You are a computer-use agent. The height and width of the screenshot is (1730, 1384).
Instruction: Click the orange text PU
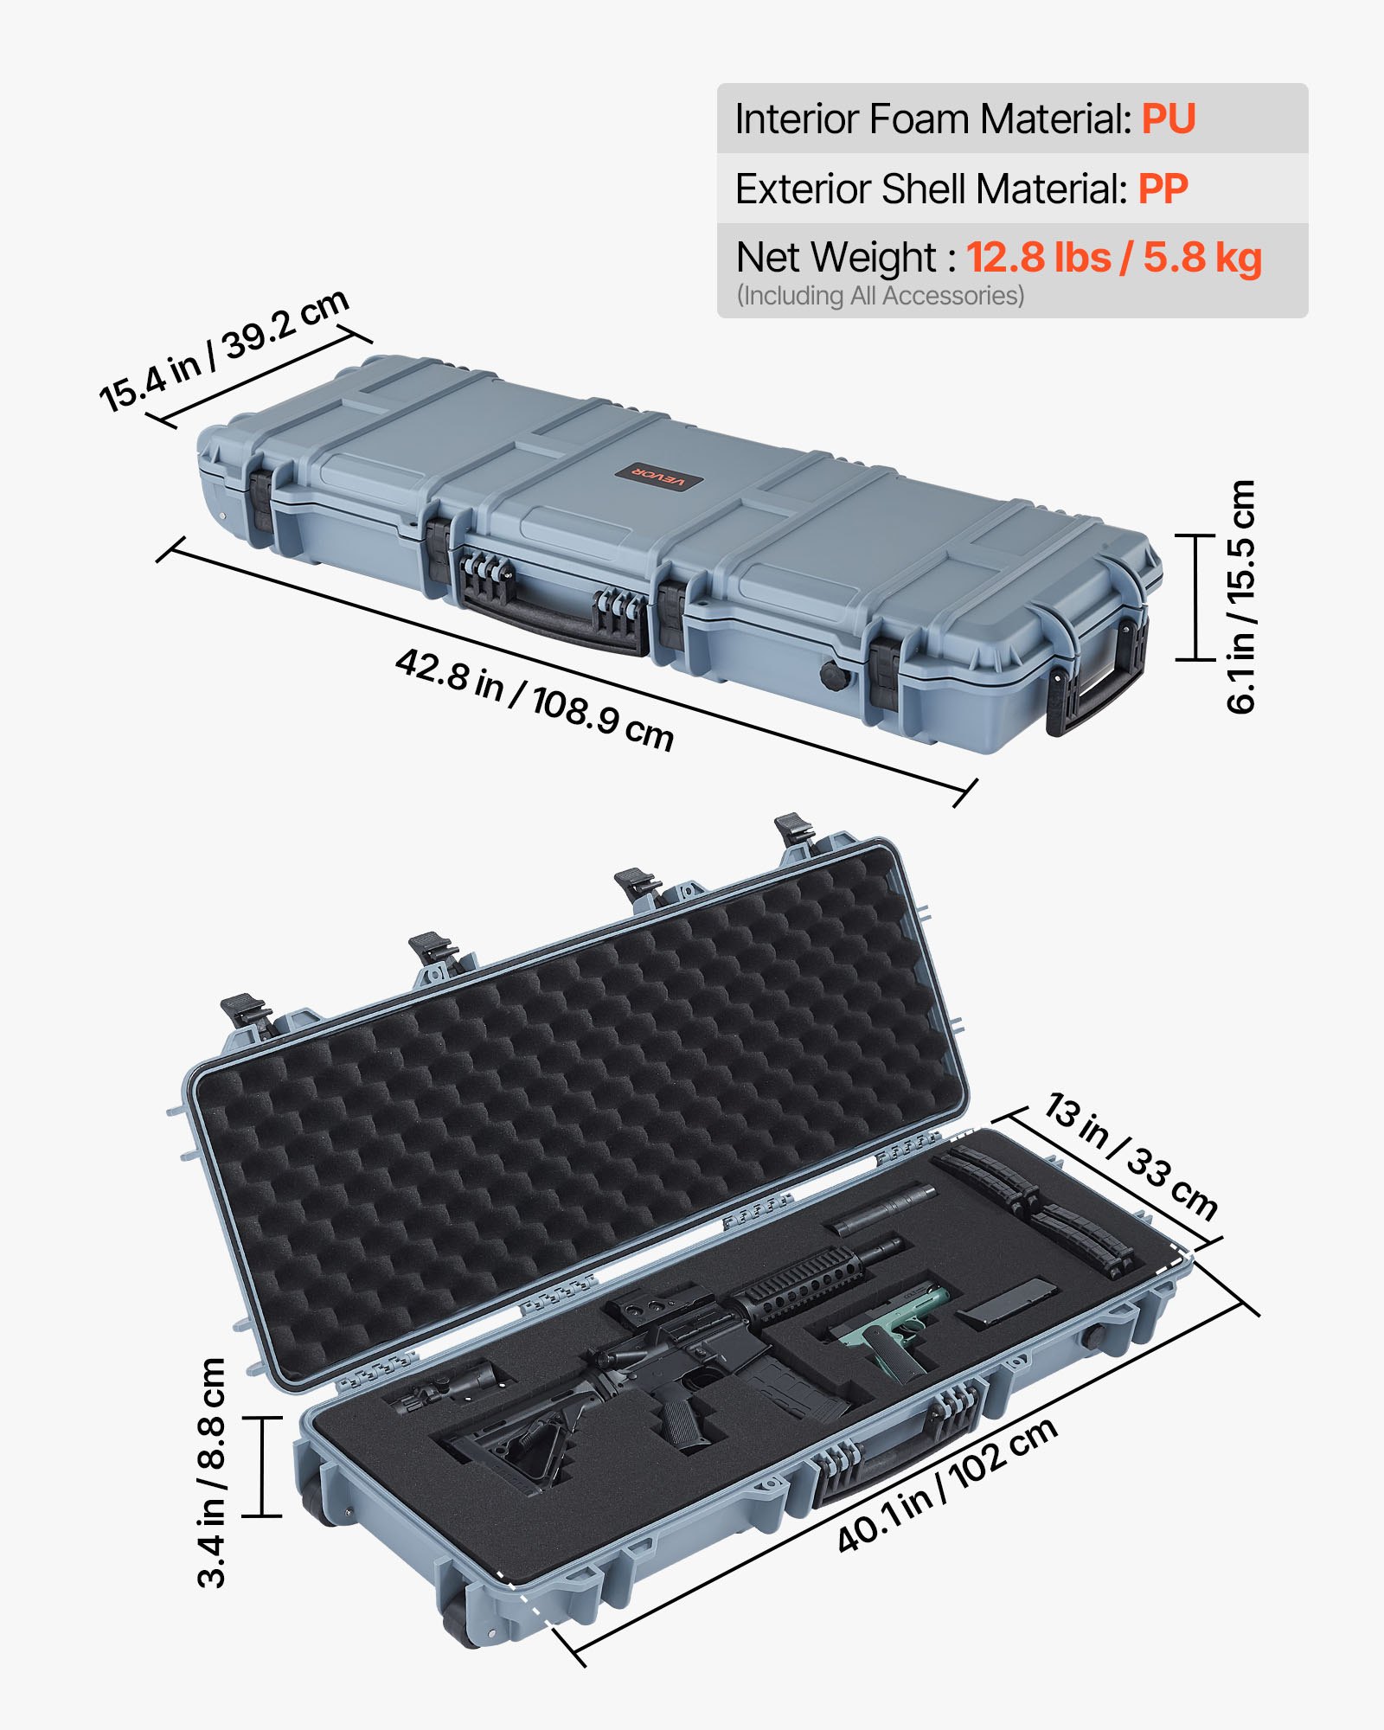point(1168,119)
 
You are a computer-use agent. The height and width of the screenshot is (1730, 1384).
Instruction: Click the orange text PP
point(1163,189)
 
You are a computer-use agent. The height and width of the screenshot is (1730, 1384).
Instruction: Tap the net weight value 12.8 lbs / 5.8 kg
point(1113,258)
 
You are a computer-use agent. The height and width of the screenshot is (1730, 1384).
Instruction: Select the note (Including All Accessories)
point(880,296)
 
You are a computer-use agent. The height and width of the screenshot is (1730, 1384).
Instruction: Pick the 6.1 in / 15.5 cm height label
point(1240,597)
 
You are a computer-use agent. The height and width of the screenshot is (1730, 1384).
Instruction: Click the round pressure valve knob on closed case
point(833,676)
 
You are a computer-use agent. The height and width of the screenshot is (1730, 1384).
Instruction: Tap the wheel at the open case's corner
point(463,1626)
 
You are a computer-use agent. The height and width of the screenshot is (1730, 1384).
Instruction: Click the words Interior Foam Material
point(932,119)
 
